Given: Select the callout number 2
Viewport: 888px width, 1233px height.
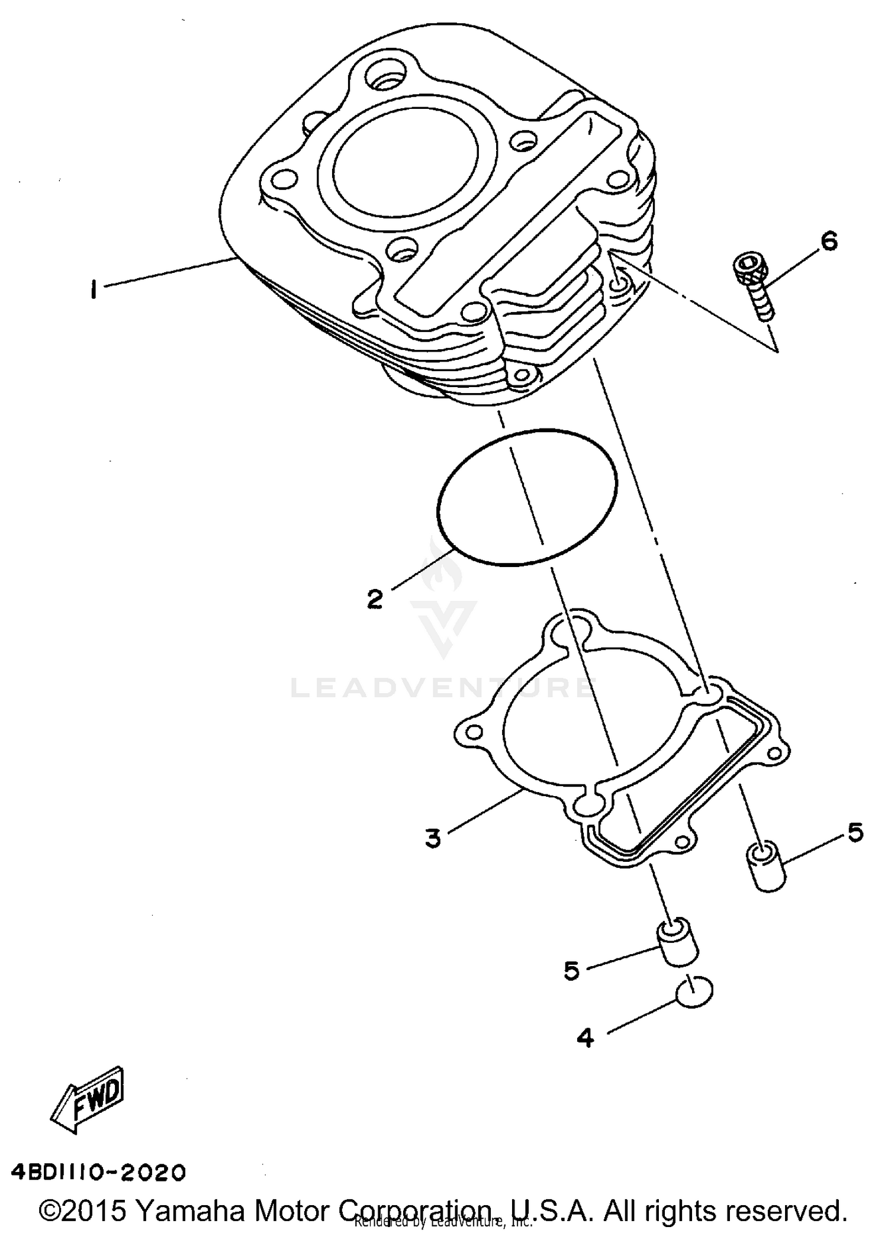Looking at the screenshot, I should (x=374, y=599).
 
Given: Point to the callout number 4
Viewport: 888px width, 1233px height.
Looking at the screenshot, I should (x=584, y=1038).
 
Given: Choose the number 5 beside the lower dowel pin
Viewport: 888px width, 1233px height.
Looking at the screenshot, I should (x=571, y=971).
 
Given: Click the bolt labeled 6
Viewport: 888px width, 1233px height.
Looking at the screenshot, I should (x=755, y=284).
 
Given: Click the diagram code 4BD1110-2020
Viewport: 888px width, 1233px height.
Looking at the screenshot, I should (x=98, y=1172).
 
